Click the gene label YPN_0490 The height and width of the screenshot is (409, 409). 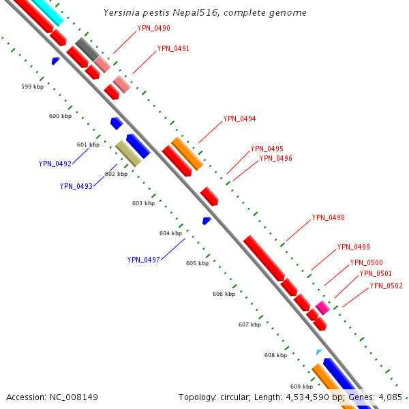pyautogui.click(x=153, y=29)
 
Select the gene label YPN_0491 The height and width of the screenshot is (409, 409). pyautogui.click(x=173, y=49)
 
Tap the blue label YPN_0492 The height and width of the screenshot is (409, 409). pyautogui.click(x=55, y=164)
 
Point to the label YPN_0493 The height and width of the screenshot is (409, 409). pyautogui.click(x=76, y=186)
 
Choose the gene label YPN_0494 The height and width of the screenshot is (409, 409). pyautogui.click(x=239, y=119)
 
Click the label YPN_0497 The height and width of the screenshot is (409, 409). pyautogui.click(x=143, y=260)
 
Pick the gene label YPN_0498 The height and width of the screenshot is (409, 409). pyautogui.click(x=328, y=218)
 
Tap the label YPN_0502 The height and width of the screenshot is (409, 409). pyautogui.click(x=386, y=286)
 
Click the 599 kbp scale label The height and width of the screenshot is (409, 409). pyautogui.click(x=32, y=87)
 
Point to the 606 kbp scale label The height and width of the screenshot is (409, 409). pyautogui.click(x=224, y=294)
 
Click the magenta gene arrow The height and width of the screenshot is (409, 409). pyautogui.click(x=322, y=307)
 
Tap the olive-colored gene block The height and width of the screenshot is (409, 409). pyautogui.click(x=127, y=153)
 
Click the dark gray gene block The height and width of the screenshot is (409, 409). pyautogui.click(x=87, y=48)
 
